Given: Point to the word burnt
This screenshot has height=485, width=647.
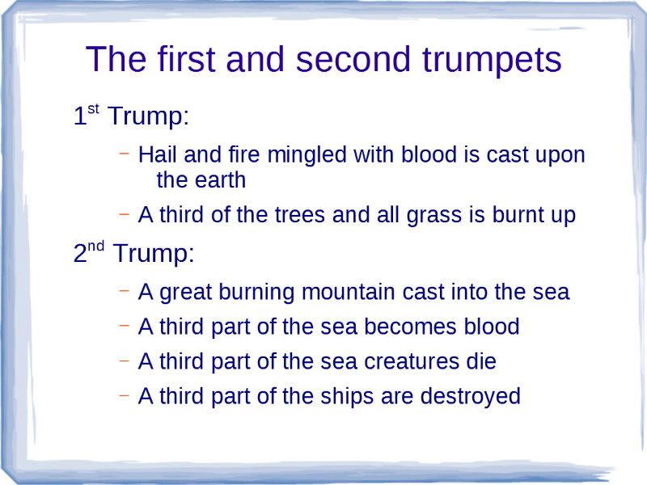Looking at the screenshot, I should tap(518, 216).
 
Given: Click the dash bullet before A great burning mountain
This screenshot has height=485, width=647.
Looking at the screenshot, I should tap(125, 290).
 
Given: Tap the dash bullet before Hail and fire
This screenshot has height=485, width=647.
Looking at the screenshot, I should tap(125, 153).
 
